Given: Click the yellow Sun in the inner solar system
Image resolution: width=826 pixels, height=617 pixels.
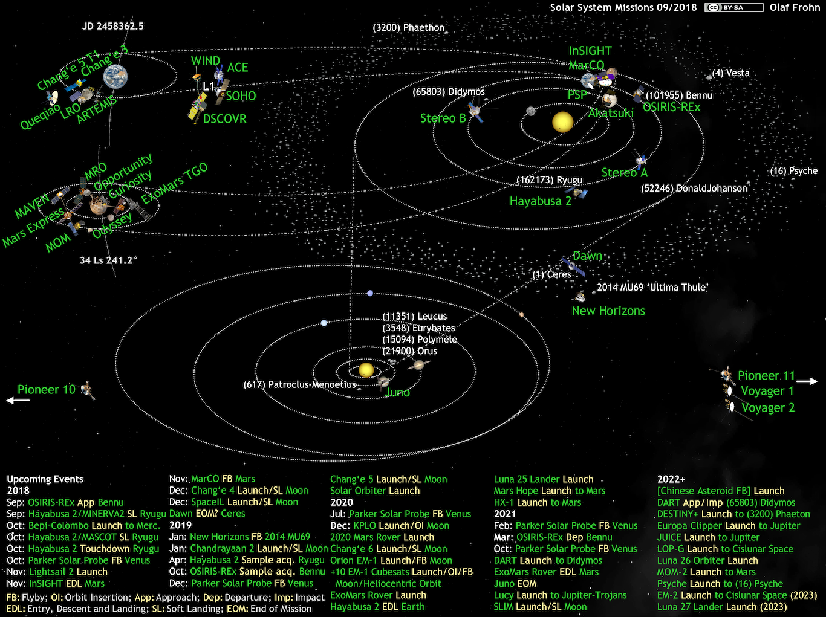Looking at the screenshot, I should (562, 121).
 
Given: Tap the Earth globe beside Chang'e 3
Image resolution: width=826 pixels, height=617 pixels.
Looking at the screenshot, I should (115, 77).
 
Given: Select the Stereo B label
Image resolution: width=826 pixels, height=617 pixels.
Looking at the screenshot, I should (443, 118).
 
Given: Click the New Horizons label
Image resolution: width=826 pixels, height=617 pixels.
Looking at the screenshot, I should (608, 311).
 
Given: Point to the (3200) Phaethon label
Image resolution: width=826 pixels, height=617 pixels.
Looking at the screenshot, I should (409, 28).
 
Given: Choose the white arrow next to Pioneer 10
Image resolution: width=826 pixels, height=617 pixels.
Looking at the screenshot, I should (18, 400).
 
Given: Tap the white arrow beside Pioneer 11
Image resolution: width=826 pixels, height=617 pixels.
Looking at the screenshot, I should (807, 381).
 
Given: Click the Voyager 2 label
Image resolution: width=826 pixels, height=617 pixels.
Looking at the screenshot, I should (768, 408).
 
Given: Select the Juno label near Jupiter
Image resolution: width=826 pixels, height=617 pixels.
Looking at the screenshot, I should (398, 393).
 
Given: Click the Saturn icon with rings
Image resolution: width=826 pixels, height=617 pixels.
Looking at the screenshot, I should (418, 365).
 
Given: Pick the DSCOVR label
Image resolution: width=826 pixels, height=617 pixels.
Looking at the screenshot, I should (224, 119).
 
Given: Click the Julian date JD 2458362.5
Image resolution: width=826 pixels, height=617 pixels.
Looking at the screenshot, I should (113, 27).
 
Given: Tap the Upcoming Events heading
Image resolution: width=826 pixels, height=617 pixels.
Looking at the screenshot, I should (45, 479).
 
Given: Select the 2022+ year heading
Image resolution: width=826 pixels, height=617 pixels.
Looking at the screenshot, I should (671, 479).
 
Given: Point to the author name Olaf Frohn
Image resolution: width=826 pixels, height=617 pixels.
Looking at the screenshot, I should (795, 8).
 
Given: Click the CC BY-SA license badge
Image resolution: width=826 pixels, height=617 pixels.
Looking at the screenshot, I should (733, 8).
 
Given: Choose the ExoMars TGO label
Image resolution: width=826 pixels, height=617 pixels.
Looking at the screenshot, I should (174, 183).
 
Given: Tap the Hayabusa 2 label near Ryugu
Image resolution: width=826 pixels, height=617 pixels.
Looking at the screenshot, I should (540, 201).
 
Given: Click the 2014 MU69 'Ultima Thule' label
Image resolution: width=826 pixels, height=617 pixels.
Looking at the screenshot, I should (652, 288).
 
